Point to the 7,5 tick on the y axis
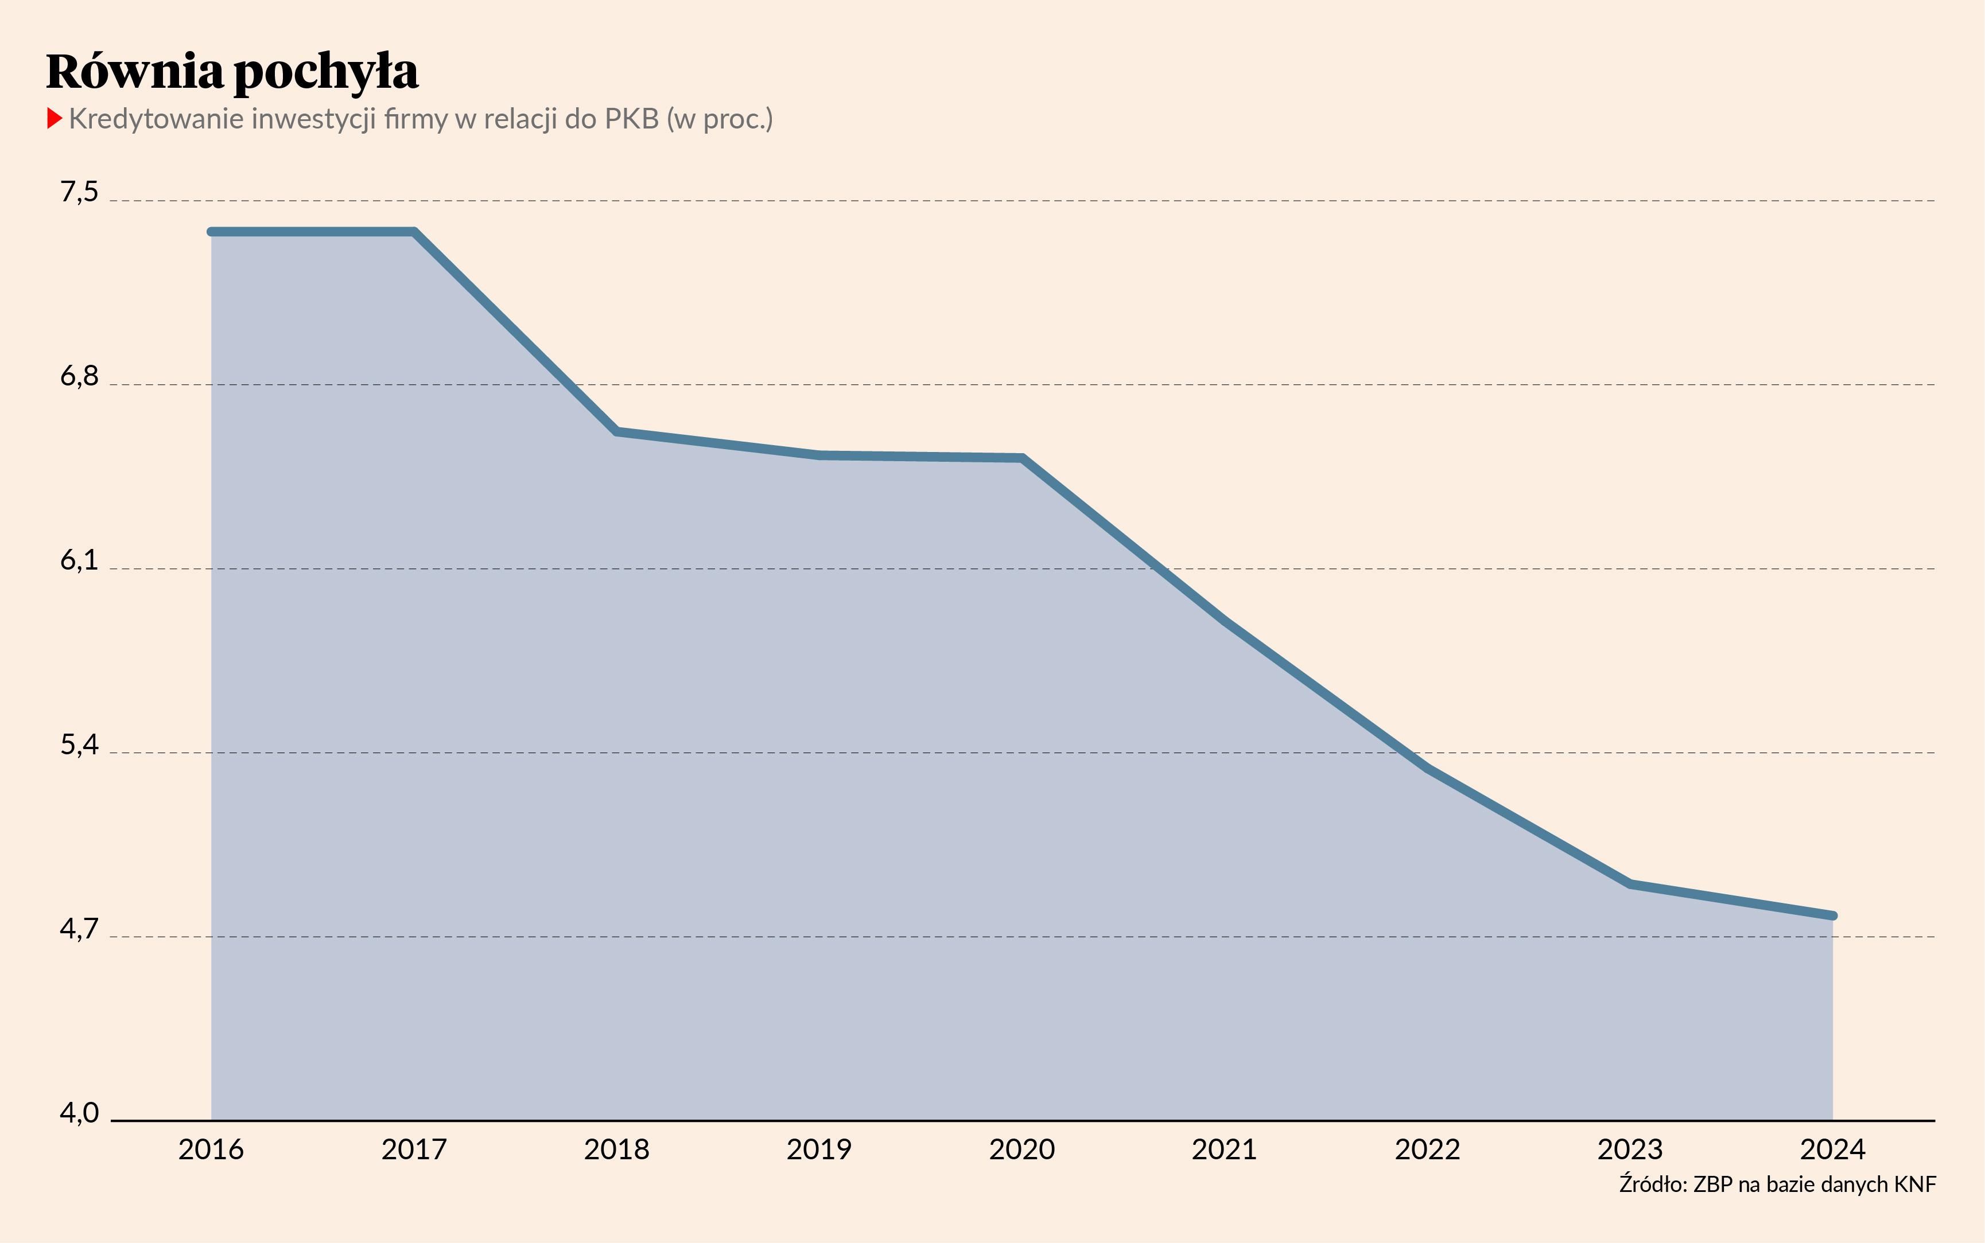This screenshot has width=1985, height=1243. [79, 192]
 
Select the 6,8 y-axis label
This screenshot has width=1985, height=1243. [79, 376]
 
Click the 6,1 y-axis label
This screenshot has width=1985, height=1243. [79, 560]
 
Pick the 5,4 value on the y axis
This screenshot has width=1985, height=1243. [79, 744]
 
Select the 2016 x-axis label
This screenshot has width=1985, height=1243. [211, 1150]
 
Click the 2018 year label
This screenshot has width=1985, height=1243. [617, 1150]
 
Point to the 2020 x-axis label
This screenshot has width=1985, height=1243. [1022, 1150]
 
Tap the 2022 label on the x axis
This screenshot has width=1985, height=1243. [1427, 1150]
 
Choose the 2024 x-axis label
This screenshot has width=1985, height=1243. [1833, 1150]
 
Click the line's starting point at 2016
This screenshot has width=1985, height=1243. [211, 232]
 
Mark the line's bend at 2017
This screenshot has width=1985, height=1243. [414, 232]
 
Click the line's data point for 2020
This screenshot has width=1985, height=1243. [1022, 458]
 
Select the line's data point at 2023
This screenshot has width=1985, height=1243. [1630, 884]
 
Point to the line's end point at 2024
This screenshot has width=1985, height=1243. [1833, 915]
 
